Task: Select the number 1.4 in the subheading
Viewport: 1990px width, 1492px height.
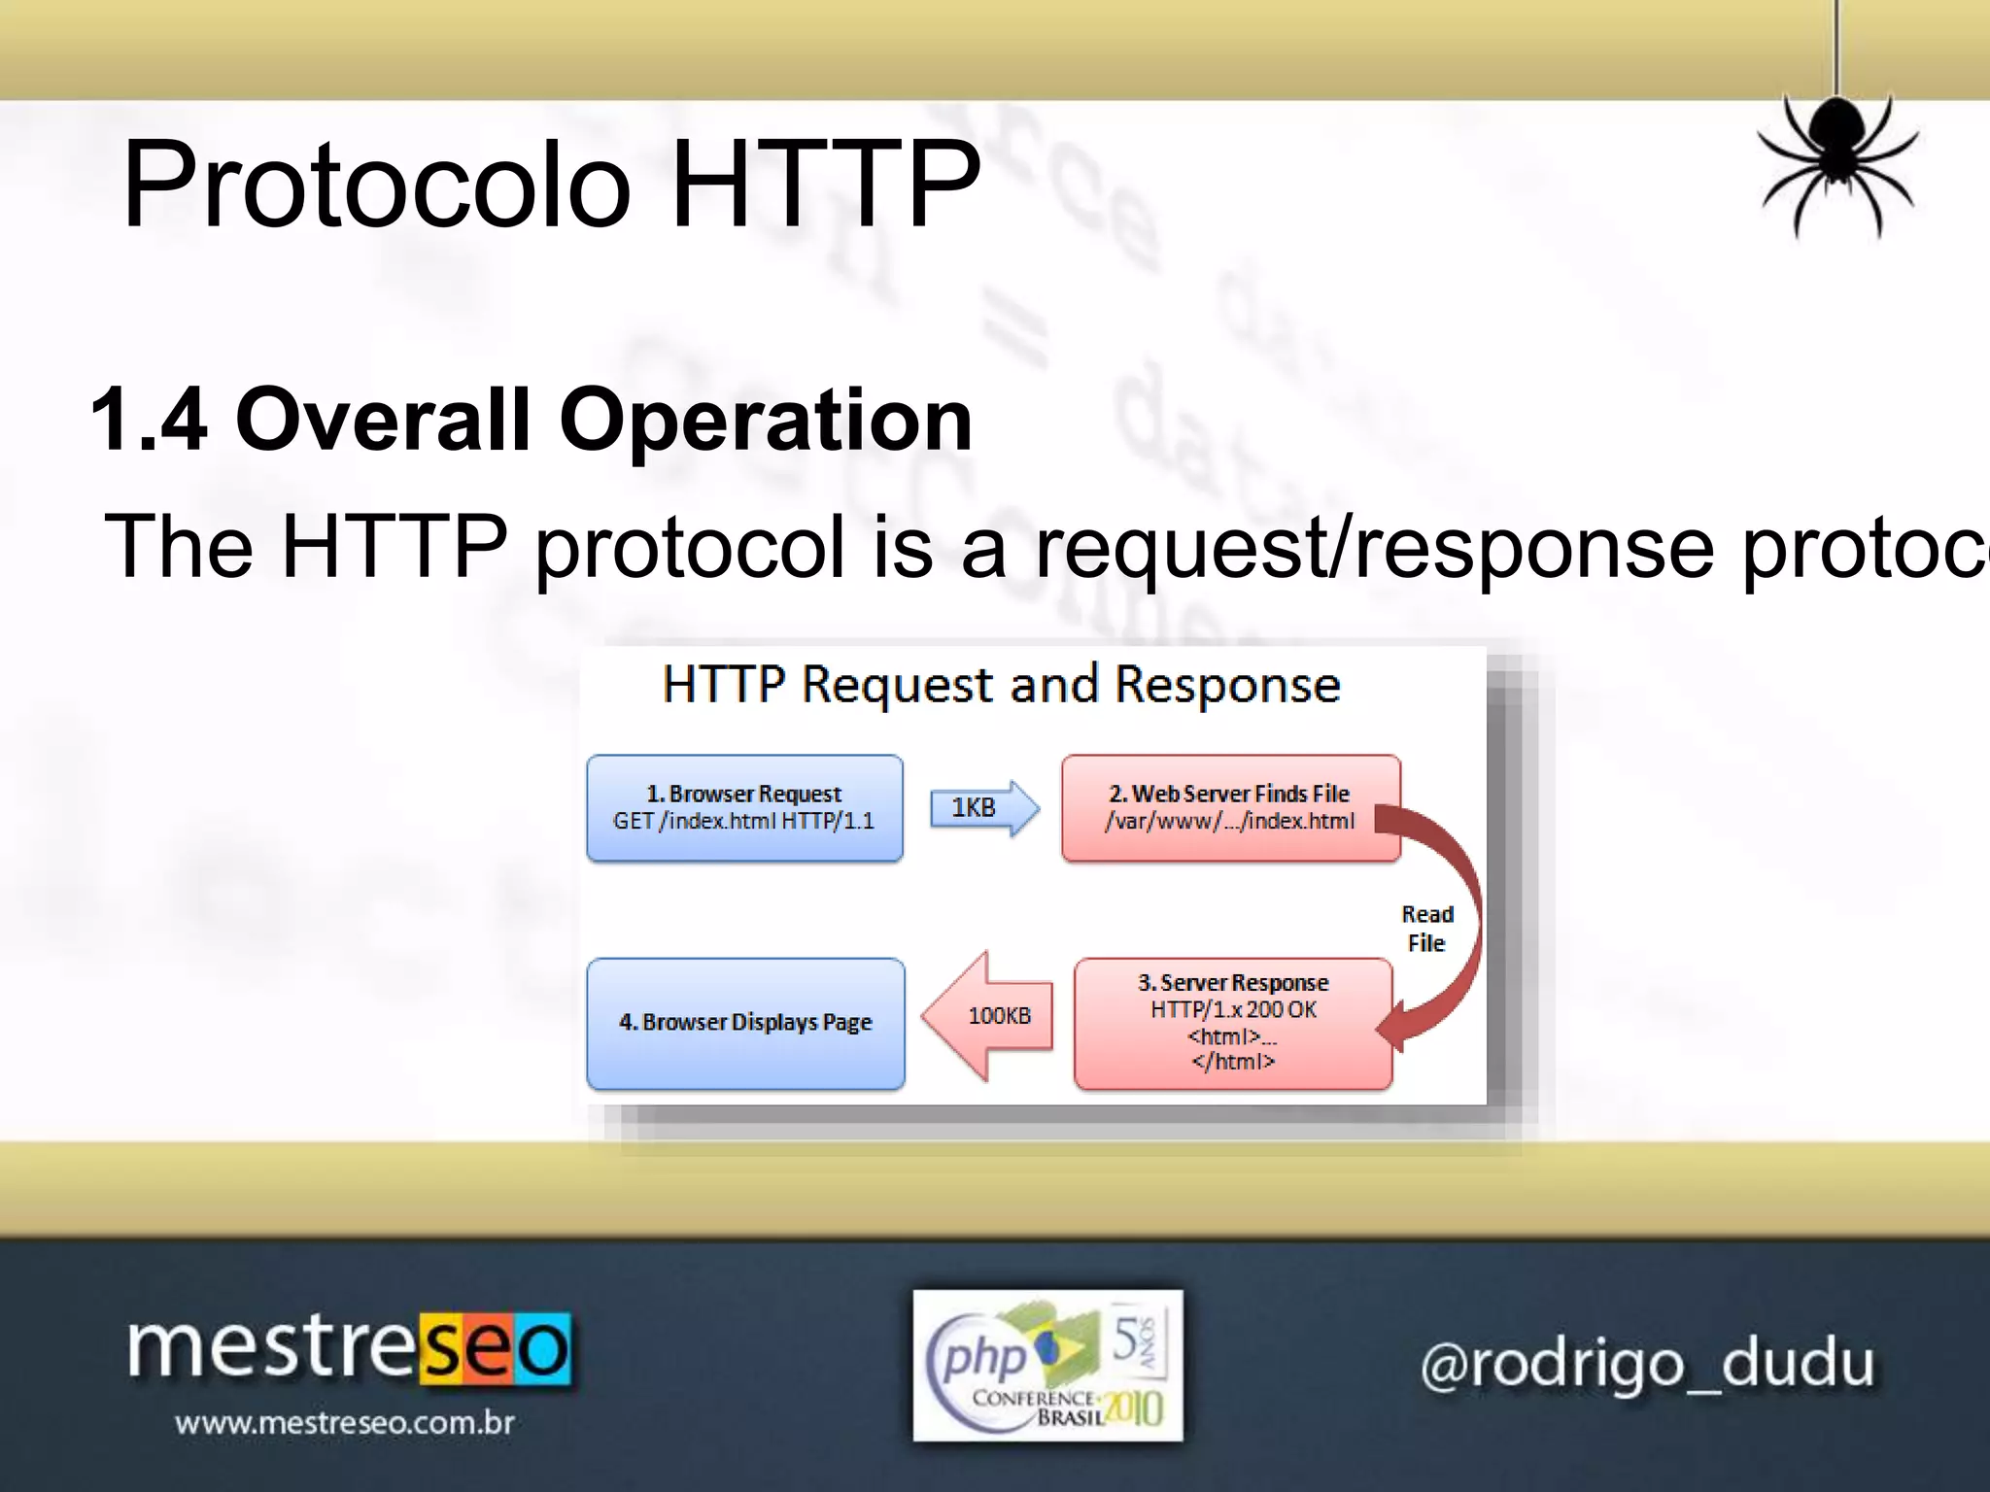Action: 149,420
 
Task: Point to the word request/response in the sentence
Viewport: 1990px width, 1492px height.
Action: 1374,546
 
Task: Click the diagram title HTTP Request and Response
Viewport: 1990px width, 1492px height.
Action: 1001,684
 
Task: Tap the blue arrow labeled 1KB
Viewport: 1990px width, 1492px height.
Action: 982,807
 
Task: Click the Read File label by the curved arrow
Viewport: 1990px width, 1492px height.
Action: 1426,929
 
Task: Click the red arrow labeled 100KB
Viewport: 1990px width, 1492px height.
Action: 991,1016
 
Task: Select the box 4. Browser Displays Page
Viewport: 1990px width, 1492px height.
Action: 745,1022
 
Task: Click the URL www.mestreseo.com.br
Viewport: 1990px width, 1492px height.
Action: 344,1423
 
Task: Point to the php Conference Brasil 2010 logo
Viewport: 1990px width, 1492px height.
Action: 1047,1365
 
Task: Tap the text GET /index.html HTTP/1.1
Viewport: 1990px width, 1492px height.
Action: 743,822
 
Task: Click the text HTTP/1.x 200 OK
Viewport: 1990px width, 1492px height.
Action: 1232,1010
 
